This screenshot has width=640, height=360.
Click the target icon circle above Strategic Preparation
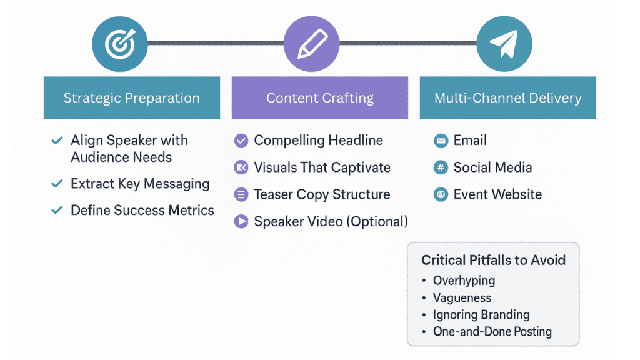120,44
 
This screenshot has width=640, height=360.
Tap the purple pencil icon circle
311,44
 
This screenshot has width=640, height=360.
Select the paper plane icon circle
504,44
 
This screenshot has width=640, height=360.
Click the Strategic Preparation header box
132,98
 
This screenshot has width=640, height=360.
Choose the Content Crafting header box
319,98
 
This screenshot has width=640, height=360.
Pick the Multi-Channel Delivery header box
507,98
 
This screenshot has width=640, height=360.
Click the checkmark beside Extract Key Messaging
57,184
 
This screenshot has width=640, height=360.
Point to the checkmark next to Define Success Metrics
57,211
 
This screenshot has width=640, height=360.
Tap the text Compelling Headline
318,141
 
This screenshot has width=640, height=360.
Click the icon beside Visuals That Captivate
241,167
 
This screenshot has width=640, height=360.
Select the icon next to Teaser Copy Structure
241,194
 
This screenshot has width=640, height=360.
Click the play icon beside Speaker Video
241,221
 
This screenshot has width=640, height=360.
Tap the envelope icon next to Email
441,141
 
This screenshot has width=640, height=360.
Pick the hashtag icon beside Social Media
441,167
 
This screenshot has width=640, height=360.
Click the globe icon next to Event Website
441,195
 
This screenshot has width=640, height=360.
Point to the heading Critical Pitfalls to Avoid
493,260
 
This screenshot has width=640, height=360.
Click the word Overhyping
464,281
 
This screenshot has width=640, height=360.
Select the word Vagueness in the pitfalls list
462,298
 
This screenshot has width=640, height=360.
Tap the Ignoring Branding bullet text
481,315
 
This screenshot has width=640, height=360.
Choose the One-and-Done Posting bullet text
492,332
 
